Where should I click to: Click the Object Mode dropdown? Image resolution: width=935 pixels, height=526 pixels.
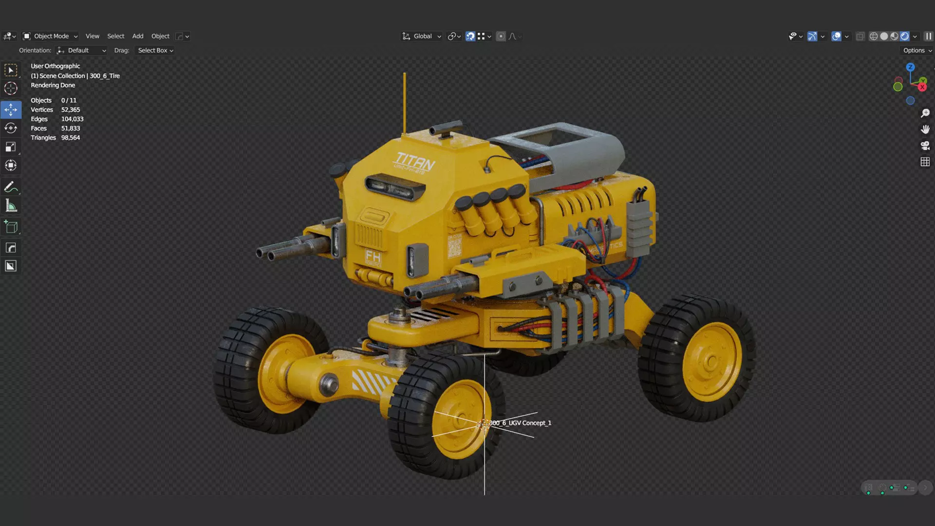coord(51,36)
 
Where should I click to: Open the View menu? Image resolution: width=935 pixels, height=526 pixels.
coord(92,36)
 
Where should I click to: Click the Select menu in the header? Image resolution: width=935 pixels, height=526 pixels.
coord(115,36)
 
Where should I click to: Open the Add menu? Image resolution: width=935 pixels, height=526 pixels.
coord(138,36)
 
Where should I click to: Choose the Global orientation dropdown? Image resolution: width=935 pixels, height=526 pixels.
coord(422,36)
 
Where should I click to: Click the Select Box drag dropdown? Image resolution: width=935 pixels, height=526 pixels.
coord(155,50)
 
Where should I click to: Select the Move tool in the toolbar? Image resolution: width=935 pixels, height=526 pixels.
coord(11,110)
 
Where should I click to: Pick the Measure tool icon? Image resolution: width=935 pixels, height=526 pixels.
coord(11,206)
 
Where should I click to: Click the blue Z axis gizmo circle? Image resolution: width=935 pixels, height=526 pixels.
coord(910,67)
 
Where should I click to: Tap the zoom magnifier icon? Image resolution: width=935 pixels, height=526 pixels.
coord(925,113)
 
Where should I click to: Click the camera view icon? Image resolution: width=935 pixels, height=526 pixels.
coord(925,146)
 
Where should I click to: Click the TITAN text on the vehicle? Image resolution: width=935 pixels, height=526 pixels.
coord(415,160)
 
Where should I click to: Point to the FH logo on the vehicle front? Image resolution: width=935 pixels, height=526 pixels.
coord(373,256)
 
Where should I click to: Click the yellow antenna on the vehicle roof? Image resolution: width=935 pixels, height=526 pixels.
coord(404,102)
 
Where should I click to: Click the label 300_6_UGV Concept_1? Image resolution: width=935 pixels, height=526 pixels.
coord(520,423)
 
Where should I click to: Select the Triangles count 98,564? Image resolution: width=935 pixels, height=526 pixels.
coord(71,138)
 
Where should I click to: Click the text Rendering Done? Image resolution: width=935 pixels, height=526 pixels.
coord(53,85)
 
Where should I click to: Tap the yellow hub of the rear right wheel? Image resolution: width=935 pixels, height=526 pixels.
coord(711,361)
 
